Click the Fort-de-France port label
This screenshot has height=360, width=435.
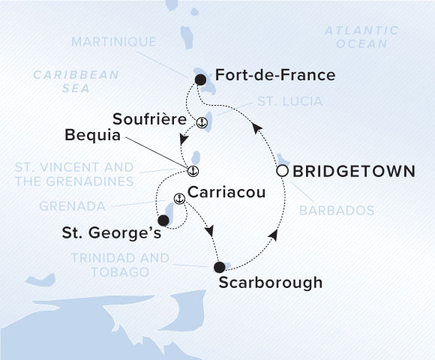274,76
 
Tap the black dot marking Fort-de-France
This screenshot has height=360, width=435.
200,79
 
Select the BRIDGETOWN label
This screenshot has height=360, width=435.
353,171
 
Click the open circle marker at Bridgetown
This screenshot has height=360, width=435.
282,171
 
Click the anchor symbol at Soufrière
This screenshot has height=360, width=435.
201,122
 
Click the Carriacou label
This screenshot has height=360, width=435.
224,193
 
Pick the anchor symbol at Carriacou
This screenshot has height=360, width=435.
178,199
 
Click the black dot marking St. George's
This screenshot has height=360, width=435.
163,221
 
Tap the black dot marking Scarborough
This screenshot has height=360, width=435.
219,267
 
